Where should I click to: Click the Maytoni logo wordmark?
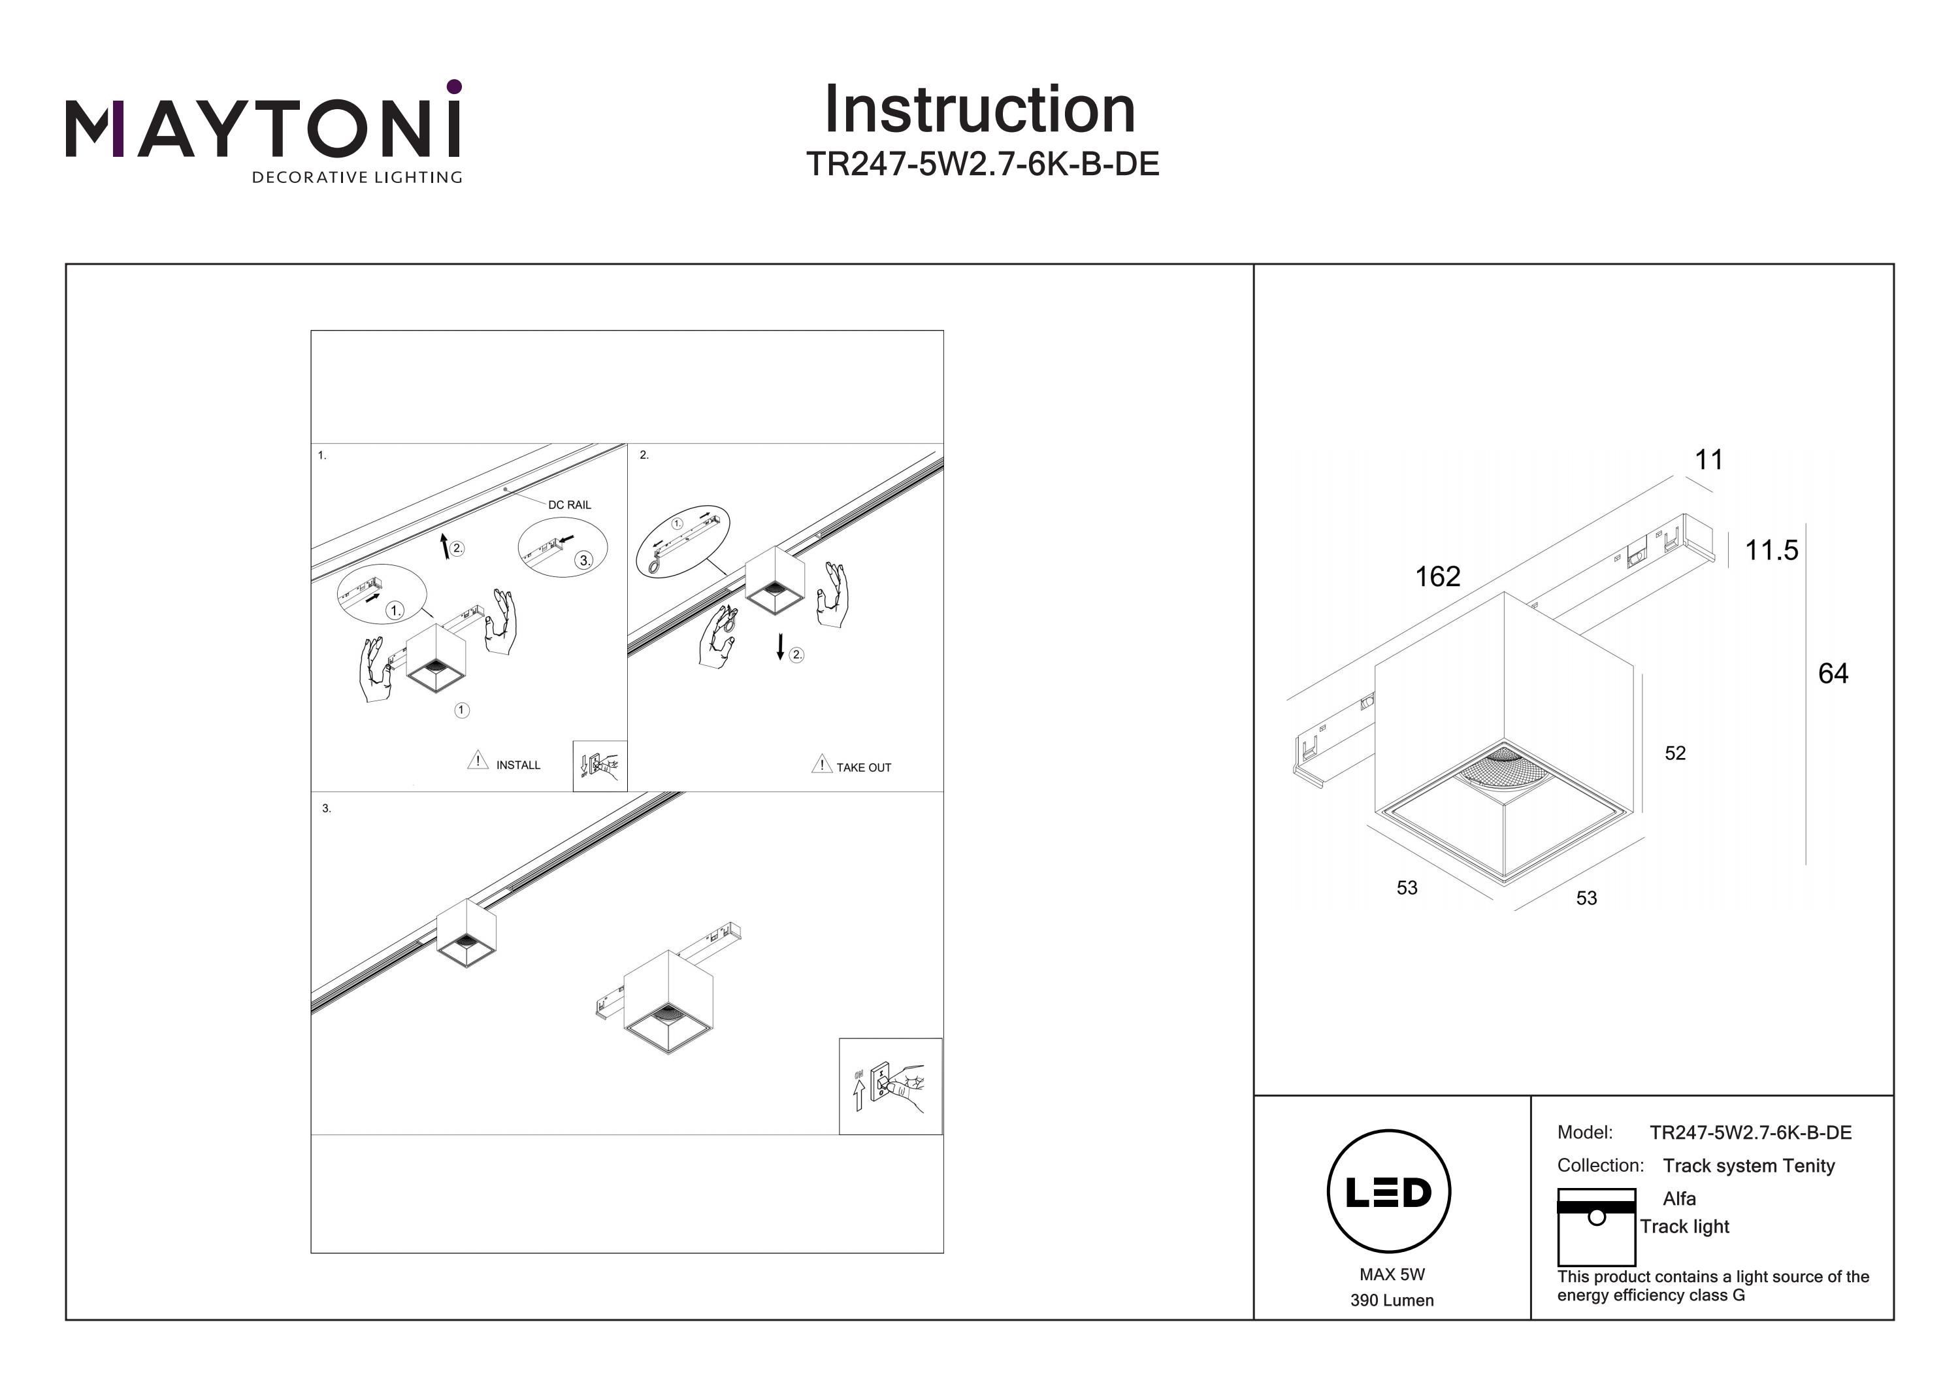tap(263, 128)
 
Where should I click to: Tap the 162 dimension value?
tap(1437, 576)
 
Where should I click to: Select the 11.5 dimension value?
tap(1771, 550)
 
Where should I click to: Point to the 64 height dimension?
tap(1833, 674)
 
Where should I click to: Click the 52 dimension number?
tap(1675, 753)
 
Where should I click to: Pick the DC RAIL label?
tap(570, 504)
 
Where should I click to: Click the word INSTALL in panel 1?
tap(518, 765)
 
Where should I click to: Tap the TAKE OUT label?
tap(863, 768)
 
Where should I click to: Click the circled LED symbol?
tap(1388, 1191)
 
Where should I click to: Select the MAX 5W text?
tap(1392, 1274)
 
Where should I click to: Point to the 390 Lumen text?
tap(1392, 1300)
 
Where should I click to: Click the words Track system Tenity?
tap(1748, 1166)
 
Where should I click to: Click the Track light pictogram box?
tap(1595, 1227)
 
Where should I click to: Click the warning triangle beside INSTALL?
tap(477, 760)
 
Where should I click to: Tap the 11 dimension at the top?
tap(1708, 460)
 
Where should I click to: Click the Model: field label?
tap(1584, 1132)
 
